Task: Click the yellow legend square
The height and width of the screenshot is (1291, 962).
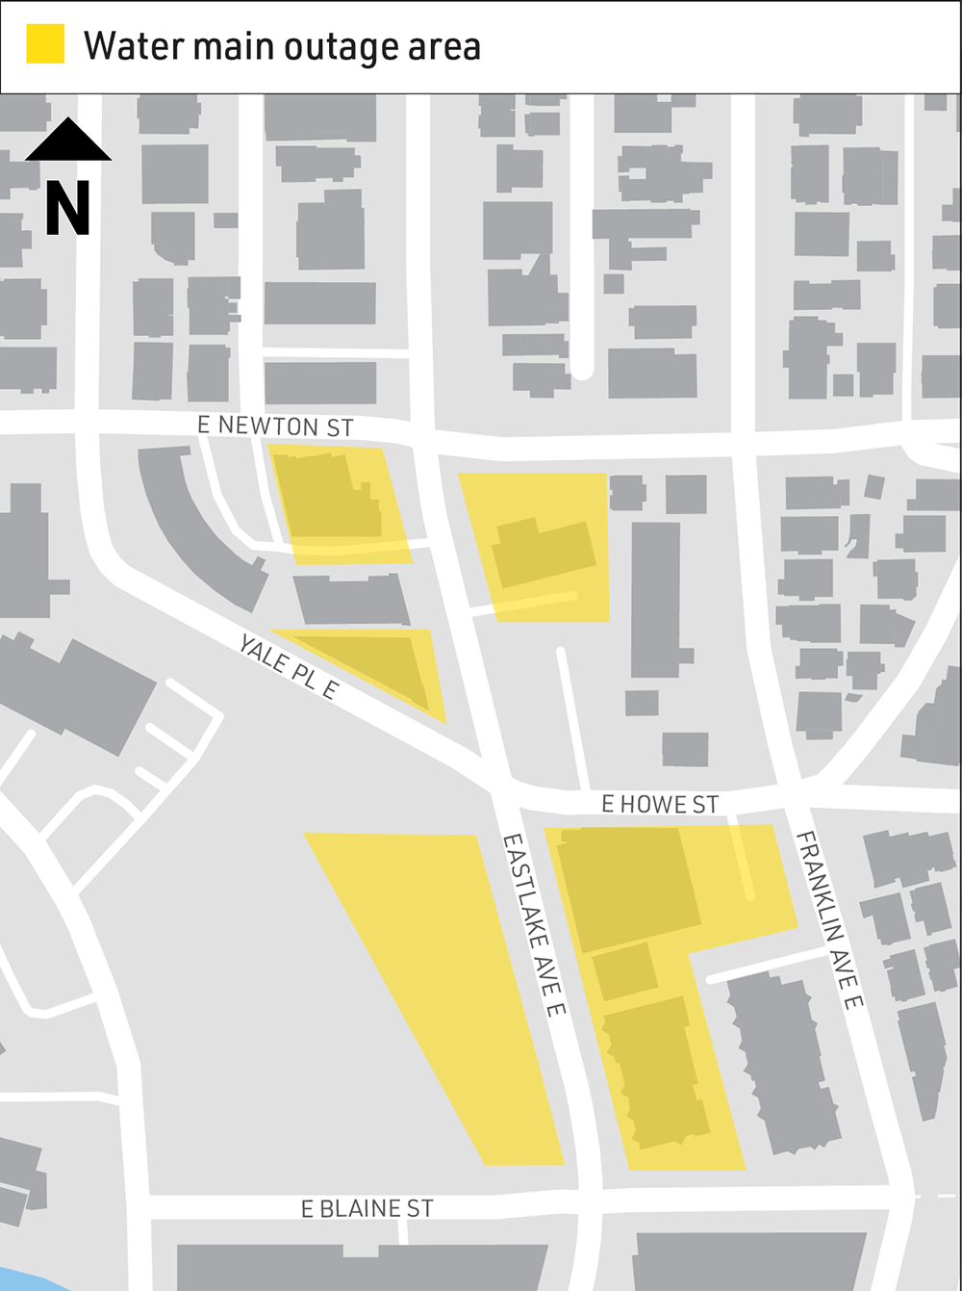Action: coord(45,45)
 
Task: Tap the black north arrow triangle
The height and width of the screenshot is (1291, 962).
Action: coord(68,141)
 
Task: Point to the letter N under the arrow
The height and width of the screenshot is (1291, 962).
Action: coord(68,209)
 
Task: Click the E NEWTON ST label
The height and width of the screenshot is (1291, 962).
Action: coord(275,426)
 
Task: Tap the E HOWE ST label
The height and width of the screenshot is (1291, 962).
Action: coord(660,805)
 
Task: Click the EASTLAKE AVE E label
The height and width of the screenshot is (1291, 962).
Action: coord(534,924)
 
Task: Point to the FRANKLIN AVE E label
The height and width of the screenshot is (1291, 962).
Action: coord(829,918)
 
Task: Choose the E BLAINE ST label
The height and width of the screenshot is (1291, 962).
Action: coord(367,1209)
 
